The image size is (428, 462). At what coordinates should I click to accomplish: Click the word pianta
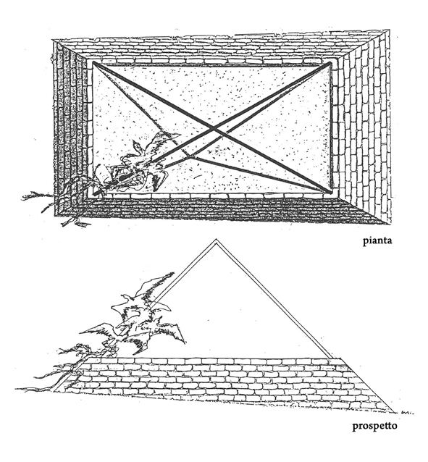point(377,241)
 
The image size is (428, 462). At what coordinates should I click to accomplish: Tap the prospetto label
point(374,426)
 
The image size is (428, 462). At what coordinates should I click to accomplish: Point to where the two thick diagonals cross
point(215,129)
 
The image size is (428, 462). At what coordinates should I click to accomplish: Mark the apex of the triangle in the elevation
point(216,239)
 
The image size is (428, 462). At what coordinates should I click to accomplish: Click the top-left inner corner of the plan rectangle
point(93,62)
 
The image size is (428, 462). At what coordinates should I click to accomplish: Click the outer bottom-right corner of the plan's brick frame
point(392,224)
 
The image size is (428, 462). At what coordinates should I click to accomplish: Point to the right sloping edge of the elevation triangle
point(274,299)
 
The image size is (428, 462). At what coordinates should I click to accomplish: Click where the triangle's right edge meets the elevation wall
point(330,358)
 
